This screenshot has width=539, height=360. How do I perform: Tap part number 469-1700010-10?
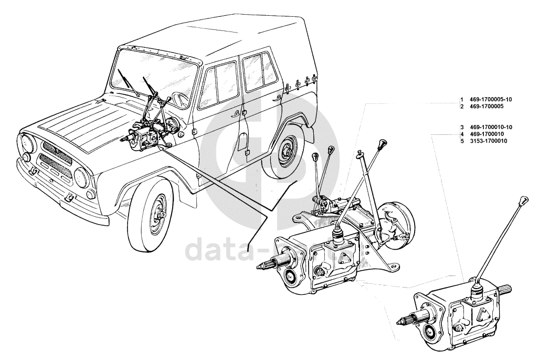click(491, 128)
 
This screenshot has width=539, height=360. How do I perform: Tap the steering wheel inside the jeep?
click(178, 98)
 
